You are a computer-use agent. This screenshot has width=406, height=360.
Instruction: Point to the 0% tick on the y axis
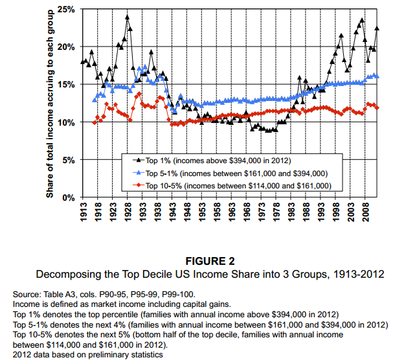pyautogui.click(x=69, y=197)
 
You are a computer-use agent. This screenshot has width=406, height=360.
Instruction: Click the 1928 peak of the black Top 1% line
pyautogui.click(x=128, y=17)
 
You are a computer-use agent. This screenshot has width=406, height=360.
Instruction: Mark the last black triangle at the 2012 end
pyautogui.click(x=378, y=28)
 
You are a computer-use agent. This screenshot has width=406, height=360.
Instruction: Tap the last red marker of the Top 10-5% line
pyautogui.click(x=378, y=107)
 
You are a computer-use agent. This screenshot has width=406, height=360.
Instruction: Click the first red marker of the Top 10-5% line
pyautogui.click(x=95, y=122)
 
